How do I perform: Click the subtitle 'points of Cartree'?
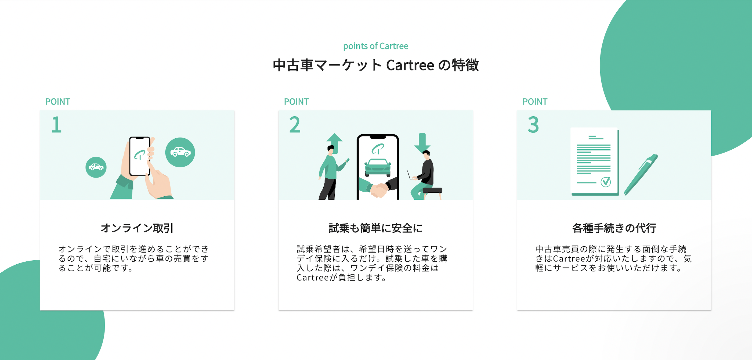tap(375, 46)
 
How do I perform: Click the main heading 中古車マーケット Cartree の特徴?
tap(375, 65)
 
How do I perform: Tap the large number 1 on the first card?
tap(56, 125)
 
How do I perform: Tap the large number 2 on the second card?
tap(295, 125)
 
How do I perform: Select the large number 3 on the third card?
tap(533, 125)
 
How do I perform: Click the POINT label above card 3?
tap(535, 102)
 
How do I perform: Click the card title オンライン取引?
tap(137, 228)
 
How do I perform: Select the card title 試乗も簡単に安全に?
tap(375, 228)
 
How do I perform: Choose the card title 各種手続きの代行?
tap(614, 228)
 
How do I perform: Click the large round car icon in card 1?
tap(180, 152)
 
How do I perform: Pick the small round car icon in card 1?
tap(96, 167)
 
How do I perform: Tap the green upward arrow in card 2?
tap(335, 141)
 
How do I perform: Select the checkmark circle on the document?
tap(605, 182)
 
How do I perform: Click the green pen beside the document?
tap(641, 174)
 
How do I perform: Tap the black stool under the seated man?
tap(432, 191)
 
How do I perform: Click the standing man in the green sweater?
tap(330, 172)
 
